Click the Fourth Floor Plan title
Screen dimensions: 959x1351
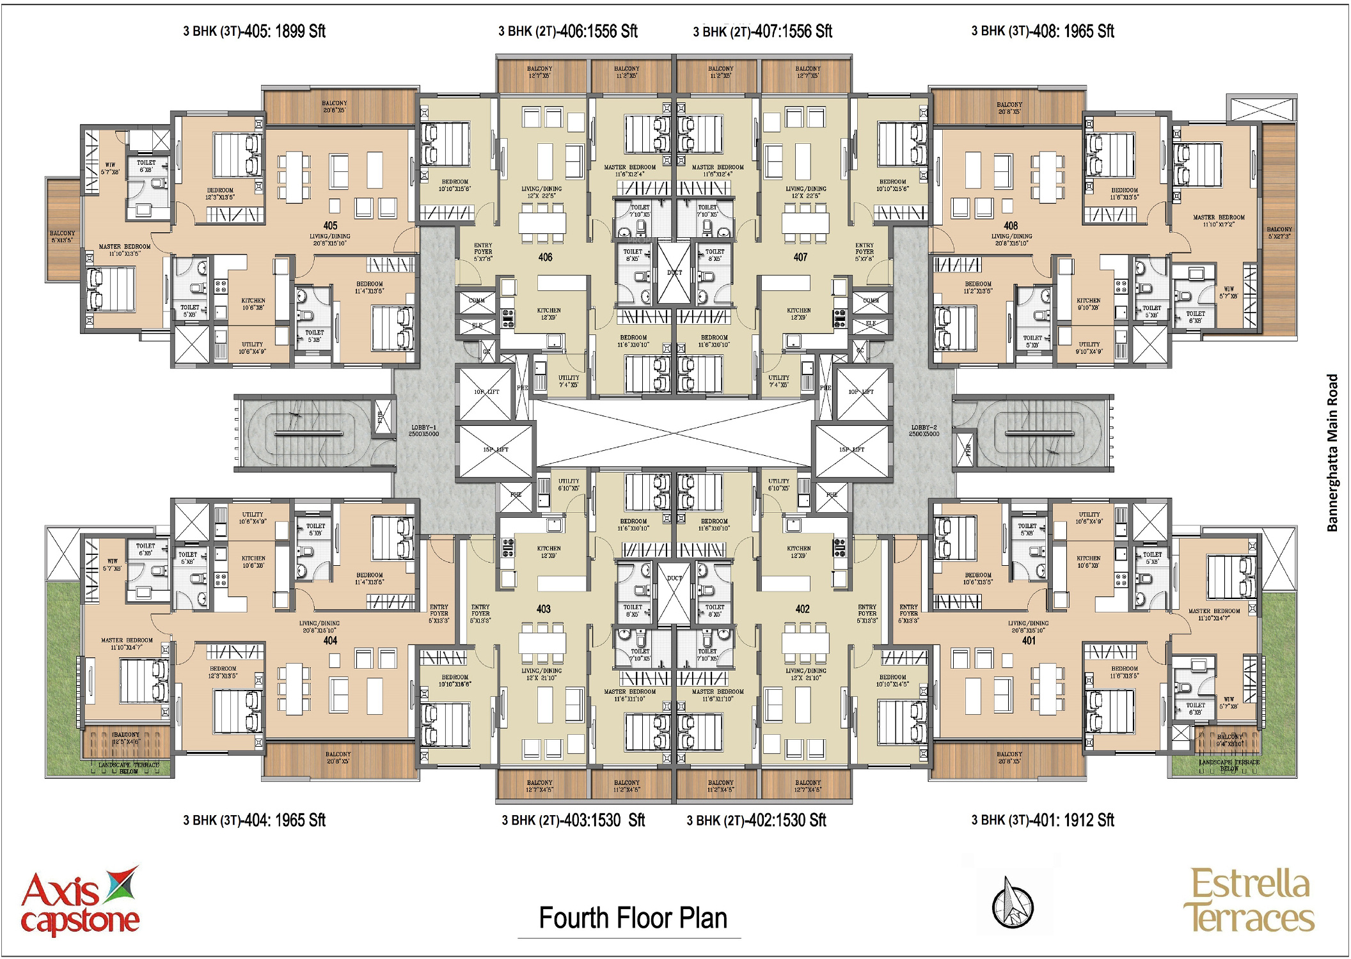(x=633, y=918)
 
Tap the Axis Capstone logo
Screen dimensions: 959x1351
(x=80, y=902)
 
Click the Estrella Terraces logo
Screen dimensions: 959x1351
(x=1249, y=901)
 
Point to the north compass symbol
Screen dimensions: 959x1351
(x=1013, y=903)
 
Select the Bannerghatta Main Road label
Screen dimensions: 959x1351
(x=1332, y=453)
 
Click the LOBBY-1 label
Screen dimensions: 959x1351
(x=423, y=430)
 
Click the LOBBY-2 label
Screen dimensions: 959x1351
(x=924, y=430)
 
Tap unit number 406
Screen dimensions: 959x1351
(x=545, y=257)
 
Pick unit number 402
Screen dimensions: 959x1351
(x=802, y=609)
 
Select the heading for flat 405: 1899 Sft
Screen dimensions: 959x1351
(x=254, y=31)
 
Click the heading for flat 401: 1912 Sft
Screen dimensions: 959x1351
(x=1043, y=820)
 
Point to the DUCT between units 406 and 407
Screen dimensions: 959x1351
(x=674, y=272)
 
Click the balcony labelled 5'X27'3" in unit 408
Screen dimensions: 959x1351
(x=1279, y=233)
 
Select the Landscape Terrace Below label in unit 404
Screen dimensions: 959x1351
(x=128, y=768)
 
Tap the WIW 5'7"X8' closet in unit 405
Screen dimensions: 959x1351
(x=110, y=168)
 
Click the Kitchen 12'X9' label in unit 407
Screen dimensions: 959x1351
(x=798, y=313)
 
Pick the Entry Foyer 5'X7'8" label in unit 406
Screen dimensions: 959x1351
(x=483, y=251)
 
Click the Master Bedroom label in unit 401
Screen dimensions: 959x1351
(x=1213, y=614)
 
